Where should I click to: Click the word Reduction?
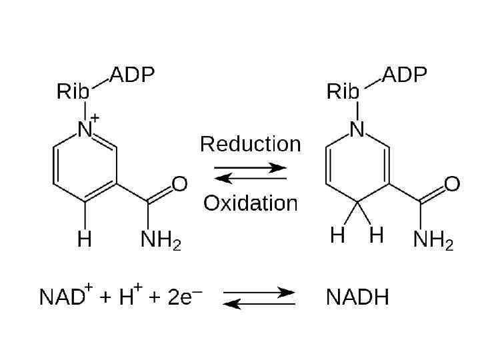[250, 144]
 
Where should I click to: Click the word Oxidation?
[250, 203]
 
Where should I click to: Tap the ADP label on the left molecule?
[131, 75]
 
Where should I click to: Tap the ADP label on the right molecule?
[403, 75]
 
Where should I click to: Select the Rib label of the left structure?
[73, 92]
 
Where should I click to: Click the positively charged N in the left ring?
[85, 130]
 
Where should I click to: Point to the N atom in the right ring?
[358, 130]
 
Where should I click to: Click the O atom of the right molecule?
[452, 184]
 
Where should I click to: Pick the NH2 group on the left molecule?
[160, 240]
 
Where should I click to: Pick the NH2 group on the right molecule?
[433, 240]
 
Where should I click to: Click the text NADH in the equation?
[357, 297]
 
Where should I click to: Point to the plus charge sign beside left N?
[95, 118]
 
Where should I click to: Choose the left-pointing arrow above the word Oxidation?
[250, 178]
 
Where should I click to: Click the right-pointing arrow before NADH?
[259, 292]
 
